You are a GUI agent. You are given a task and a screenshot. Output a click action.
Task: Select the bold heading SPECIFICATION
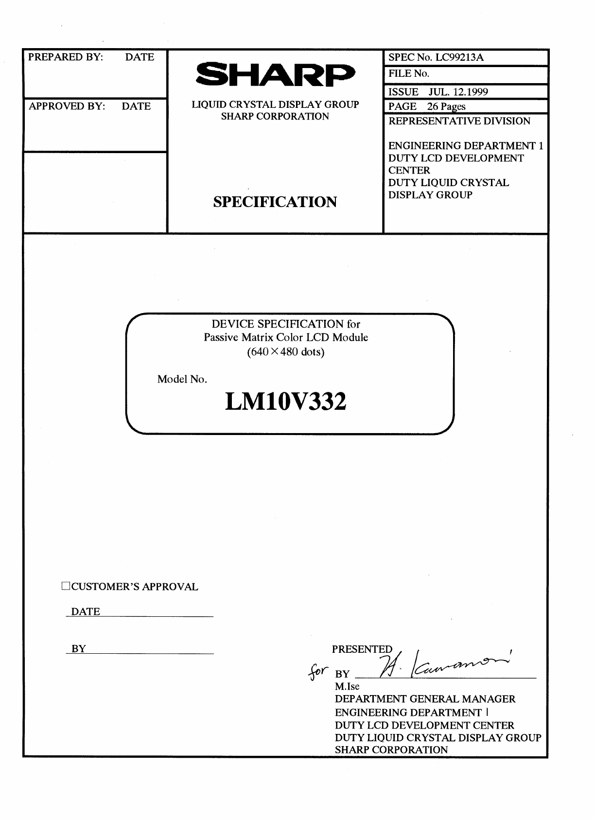tap(275, 202)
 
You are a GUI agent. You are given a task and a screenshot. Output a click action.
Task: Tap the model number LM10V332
tap(286, 402)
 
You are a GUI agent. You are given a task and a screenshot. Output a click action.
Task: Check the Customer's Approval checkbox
tap(66, 586)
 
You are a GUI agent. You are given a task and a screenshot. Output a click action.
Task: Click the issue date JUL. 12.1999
tap(458, 92)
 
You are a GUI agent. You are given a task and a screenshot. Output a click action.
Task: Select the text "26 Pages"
tap(446, 106)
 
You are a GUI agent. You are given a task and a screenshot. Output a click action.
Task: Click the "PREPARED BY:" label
tap(66, 57)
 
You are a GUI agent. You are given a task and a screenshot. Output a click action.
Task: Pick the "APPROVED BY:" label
tap(67, 106)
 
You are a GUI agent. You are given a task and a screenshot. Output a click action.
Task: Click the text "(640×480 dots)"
tap(286, 351)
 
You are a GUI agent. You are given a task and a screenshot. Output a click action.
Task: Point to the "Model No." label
tap(182, 379)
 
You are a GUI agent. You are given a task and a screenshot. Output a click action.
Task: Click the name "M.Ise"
tap(347, 686)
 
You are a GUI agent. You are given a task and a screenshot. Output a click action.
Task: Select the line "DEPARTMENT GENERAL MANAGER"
tap(425, 699)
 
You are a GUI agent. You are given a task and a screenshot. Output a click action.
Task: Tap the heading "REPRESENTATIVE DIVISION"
tap(459, 121)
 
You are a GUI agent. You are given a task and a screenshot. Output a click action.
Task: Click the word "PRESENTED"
tap(362, 649)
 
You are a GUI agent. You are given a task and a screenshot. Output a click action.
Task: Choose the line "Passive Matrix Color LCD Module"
tap(286, 337)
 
